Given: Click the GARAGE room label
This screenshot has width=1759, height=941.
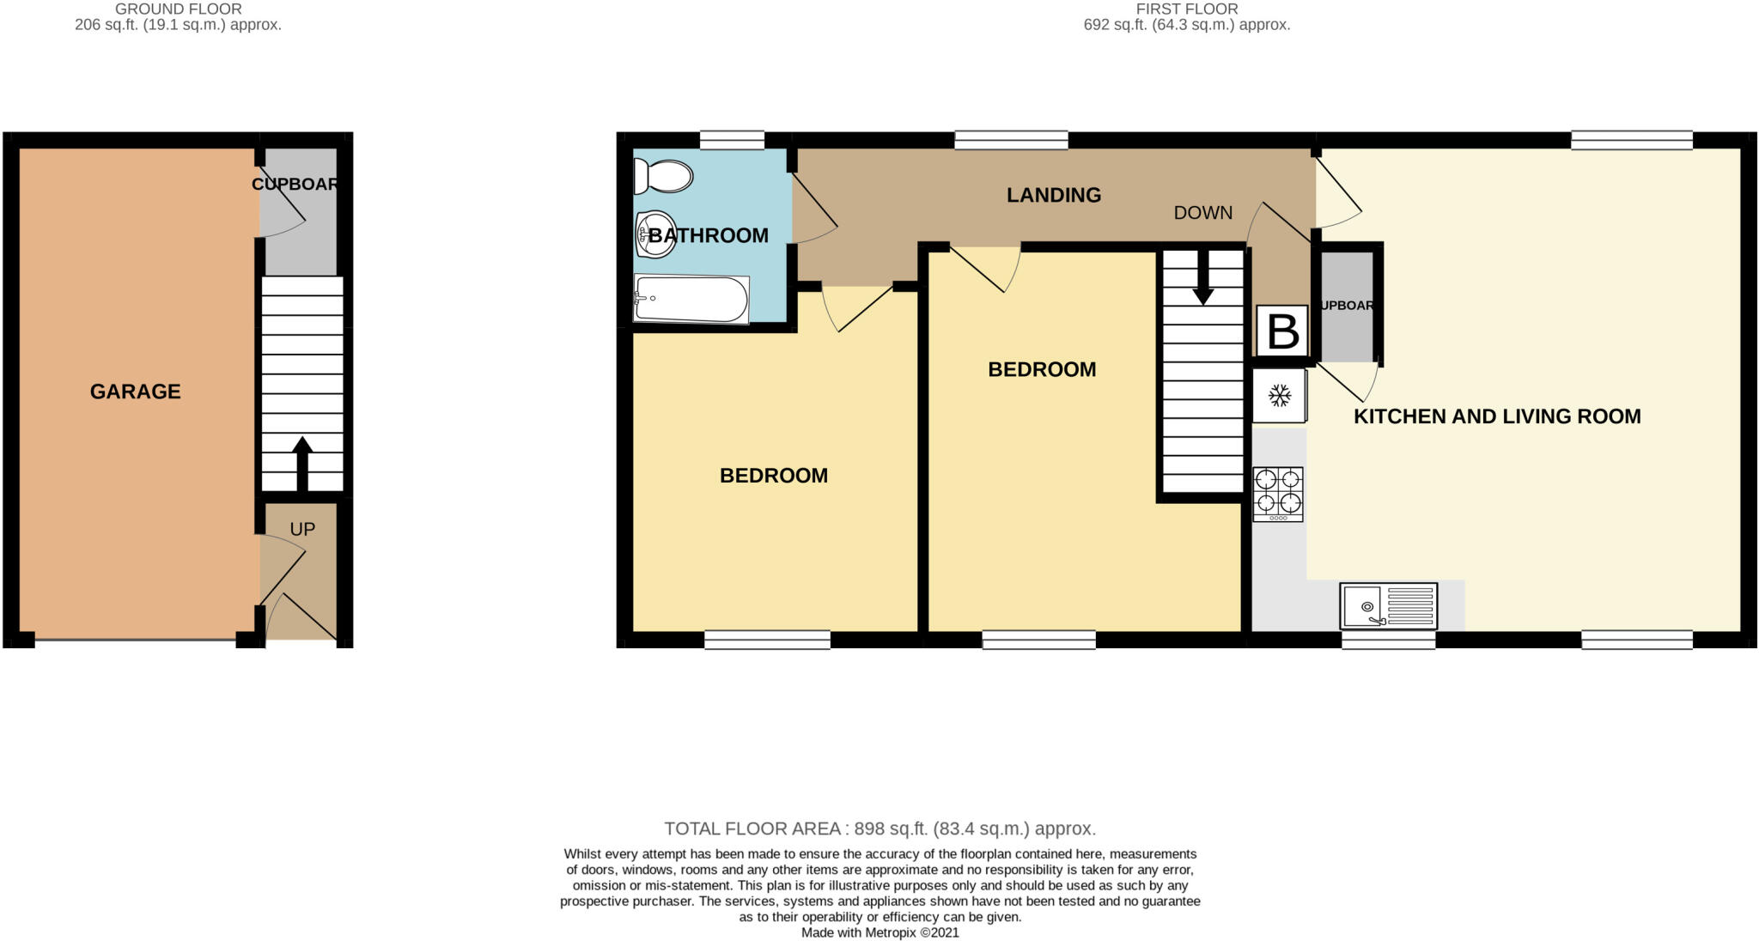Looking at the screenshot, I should click(135, 392).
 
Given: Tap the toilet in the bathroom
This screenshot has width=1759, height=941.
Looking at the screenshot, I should click(662, 177).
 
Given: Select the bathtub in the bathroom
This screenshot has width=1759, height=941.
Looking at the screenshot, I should click(691, 299).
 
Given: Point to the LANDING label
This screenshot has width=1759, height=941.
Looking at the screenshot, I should click(1053, 195).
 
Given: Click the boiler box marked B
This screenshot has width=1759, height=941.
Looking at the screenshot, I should click(1282, 331).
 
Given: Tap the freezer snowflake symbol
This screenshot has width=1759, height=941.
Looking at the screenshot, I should click(1279, 396).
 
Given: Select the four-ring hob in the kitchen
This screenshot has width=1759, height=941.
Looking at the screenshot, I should click(1278, 494).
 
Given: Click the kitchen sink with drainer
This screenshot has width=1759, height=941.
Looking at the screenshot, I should click(1388, 605).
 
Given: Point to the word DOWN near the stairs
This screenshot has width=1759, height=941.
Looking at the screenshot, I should click(1202, 213).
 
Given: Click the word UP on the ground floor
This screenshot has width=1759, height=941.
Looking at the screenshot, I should click(302, 529).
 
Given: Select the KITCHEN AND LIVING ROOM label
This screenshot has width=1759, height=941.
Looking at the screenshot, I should click(1496, 416).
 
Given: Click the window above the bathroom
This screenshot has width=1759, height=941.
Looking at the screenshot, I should click(732, 140).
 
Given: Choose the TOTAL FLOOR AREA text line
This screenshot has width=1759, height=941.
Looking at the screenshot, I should click(879, 829).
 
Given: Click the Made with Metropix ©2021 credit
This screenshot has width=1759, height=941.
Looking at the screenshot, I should click(879, 932).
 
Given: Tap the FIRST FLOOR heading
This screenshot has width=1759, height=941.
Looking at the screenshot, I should click(1186, 9).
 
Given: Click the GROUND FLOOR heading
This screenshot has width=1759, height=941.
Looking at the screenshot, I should click(178, 9).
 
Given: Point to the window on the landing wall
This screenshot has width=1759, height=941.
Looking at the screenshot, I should click(1011, 140).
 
